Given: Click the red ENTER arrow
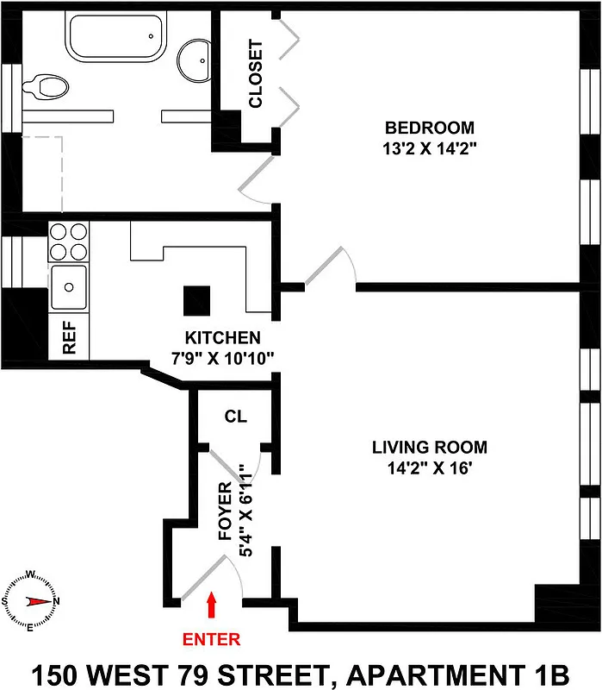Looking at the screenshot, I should click(212, 605).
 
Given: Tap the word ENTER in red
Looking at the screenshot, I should click(211, 639).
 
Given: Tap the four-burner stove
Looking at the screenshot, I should click(69, 241).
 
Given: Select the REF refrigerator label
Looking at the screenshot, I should click(70, 339).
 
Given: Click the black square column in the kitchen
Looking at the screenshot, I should click(196, 301).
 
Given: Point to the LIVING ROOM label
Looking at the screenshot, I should click(429, 448).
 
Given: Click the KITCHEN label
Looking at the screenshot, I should click(222, 336).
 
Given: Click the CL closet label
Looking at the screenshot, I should click(235, 417).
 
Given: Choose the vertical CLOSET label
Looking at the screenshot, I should click(255, 74).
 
